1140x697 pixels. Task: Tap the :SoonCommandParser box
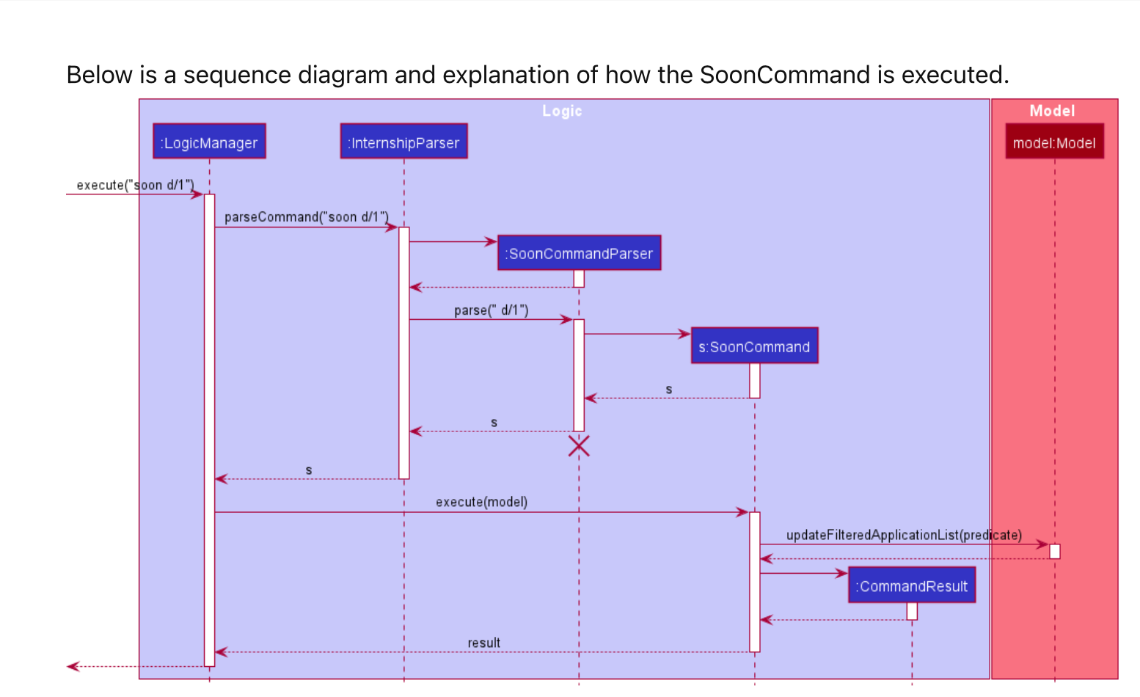coord(580,253)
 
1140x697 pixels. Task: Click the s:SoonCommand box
coord(754,346)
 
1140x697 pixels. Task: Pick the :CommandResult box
coord(912,585)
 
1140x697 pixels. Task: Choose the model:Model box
coord(1054,142)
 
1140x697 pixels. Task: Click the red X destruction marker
coord(579,445)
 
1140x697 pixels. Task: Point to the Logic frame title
coord(562,111)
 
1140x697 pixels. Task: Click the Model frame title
coord(1052,111)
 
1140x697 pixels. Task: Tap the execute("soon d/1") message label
coord(135,185)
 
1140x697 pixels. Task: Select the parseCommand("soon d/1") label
coord(306,217)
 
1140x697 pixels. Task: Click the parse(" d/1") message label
coord(491,310)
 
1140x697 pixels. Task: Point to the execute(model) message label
coord(481,502)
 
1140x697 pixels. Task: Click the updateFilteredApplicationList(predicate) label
coord(904,535)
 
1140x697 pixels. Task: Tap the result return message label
coord(484,643)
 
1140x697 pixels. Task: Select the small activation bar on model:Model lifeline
coord(1055,551)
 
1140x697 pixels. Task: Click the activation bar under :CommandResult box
coord(912,611)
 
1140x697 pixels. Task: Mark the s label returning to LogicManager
coord(309,470)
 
